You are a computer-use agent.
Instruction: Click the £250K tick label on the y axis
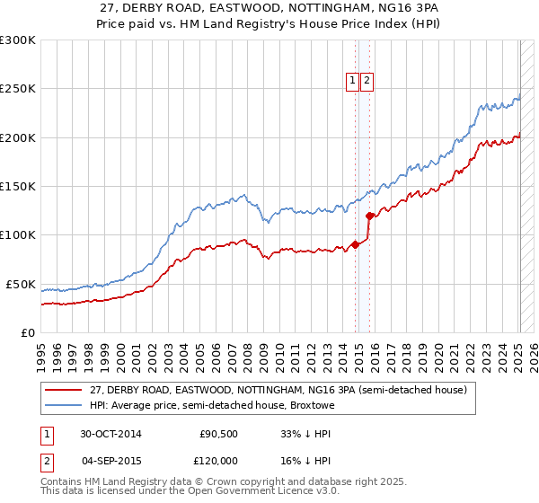(x=18, y=89)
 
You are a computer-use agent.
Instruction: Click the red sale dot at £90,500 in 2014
(x=356, y=244)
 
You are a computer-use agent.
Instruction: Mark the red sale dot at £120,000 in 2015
(x=369, y=216)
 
